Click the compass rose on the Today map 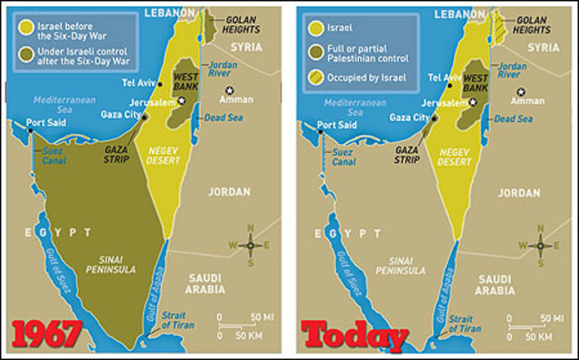point(541,244)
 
